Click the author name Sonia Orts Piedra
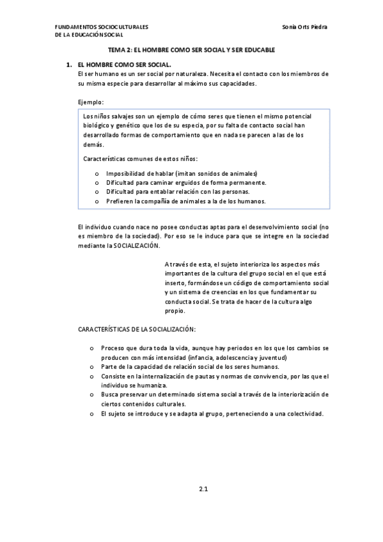coord(308,27)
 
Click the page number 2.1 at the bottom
coord(203,490)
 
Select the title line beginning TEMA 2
coord(191,50)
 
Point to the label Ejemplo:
coord(91,102)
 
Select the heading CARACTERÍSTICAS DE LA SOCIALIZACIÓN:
coord(137,329)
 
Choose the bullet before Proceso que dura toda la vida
coord(92,348)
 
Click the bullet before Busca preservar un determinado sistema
coord(92,395)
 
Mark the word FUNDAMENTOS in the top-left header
coord(75,27)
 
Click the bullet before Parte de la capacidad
coord(92,367)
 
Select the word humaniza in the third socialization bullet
coord(154,385)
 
